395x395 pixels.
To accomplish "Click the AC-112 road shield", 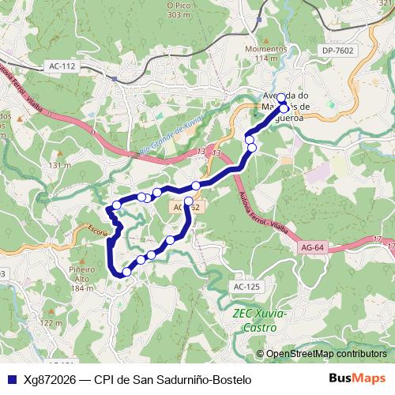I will pyautogui.click(x=62, y=66).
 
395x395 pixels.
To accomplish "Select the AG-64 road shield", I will pyautogui.click(x=314, y=247).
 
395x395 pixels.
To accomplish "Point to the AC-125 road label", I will pyautogui.click(x=246, y=286).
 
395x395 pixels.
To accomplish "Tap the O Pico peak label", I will pyautogui.click(x=179, y=9).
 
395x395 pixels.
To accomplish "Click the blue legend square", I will pyautogui.click(x=9, y=379).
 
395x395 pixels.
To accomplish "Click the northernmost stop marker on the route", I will pyautogui.click(x=280, y=98).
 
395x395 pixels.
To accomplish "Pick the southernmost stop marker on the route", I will pyautogui.click(x=126, y=272).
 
